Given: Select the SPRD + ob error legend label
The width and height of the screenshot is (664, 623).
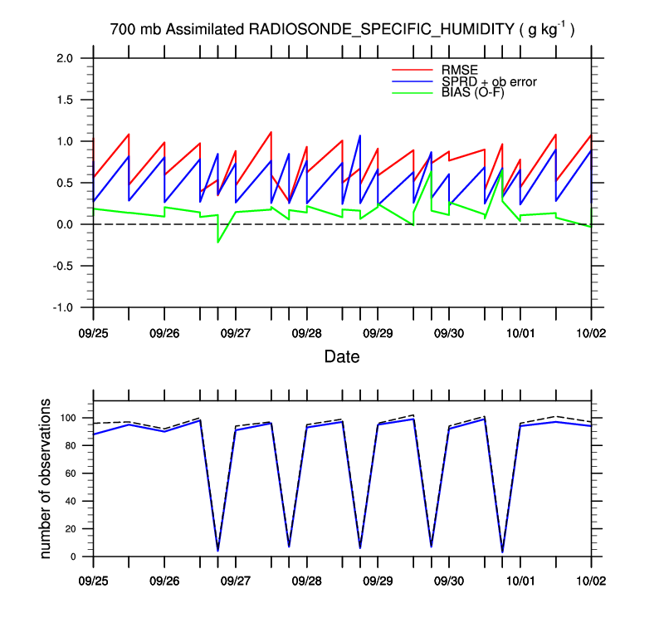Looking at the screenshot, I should coord(490,81).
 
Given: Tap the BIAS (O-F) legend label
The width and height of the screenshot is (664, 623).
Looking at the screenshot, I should coord(474,92).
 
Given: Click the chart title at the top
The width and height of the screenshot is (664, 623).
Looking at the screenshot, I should coord(343,30).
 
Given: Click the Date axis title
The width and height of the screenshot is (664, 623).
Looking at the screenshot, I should coord(342,357).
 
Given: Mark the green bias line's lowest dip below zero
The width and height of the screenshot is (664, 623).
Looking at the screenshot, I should coord(218,242).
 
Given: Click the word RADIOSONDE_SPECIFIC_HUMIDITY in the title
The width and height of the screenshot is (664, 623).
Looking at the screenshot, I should coord(383,30).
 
